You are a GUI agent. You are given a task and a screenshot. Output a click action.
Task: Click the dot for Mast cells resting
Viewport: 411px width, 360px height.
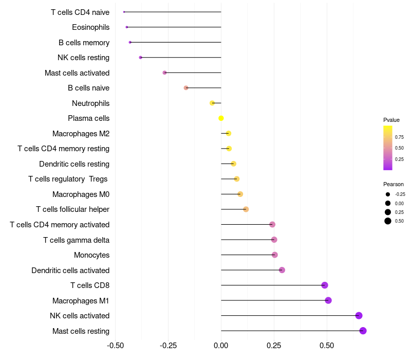(x=363, y=331)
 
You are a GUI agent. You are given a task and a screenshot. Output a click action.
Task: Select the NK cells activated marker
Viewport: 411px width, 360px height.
(x=359, y=316)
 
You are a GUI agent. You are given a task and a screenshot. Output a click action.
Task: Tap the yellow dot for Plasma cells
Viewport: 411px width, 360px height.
(x=221, y=118)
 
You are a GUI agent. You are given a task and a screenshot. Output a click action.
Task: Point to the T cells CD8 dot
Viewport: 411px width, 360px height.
(x=324, y=285)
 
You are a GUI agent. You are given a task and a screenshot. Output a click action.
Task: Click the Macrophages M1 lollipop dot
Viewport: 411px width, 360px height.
(x=328, y=300)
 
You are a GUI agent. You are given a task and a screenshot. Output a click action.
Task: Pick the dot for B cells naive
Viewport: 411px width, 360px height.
(x=186, y=88)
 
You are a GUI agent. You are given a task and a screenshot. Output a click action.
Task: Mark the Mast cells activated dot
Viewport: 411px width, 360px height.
(x=164, y=73)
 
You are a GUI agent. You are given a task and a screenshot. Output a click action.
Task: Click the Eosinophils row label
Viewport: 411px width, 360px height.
(x=90, y=27)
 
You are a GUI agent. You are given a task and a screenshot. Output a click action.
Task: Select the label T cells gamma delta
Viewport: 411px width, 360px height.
(x=76, y=240)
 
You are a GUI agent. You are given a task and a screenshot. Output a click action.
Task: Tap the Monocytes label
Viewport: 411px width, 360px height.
(x=91, y=255)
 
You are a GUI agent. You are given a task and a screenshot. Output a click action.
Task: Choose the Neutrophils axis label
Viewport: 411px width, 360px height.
(x=90, y=103)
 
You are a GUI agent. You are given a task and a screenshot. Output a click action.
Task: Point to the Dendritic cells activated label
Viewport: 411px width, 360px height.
(x=70, y=271)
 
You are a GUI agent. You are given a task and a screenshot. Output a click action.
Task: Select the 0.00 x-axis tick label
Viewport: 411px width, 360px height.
(x=221, y=346)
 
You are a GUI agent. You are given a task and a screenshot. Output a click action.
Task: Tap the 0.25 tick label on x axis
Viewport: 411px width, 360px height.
(x=274, y=346)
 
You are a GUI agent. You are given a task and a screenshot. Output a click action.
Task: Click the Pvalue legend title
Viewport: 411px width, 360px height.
(x=391, y=120)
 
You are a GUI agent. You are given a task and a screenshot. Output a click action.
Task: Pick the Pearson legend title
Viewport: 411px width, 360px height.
(x=394, y=184)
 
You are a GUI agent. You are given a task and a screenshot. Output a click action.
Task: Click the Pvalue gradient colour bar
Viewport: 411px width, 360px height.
(x=388, y=148)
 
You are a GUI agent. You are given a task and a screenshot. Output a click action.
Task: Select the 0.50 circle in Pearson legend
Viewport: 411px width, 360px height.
(x=388, y=221)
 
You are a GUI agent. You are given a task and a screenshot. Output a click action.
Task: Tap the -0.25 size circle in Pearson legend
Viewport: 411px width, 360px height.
(x=388, y=194)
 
